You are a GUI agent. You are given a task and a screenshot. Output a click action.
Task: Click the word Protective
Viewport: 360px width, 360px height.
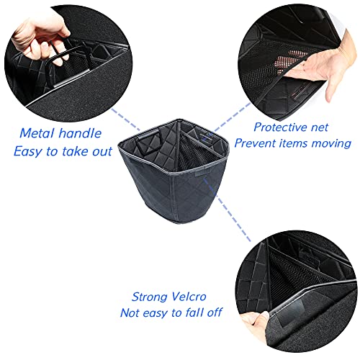coord(279,127)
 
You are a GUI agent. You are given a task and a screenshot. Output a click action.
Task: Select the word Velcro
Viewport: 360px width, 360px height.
coord(189,297)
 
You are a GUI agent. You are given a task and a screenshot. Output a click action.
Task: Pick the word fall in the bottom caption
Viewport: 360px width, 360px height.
coord(194,312)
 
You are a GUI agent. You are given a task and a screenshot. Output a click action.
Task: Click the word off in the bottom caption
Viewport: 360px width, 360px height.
coord(215,312)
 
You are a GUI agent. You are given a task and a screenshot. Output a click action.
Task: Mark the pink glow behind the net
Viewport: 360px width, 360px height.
coord(292,60)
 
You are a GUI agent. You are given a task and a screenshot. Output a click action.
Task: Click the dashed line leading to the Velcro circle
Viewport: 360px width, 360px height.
coord(227,210)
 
